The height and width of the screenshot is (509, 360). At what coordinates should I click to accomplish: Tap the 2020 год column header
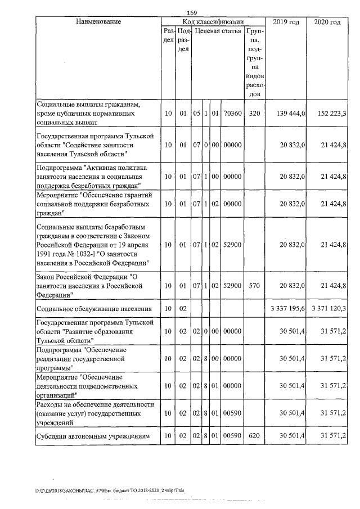click(x=327, y=22)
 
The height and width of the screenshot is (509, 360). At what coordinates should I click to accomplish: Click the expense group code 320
click(x=254, y=113)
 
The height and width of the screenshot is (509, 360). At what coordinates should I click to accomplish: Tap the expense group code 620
click(x=254, y=436)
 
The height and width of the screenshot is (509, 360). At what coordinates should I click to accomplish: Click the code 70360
click(x=232, y=113)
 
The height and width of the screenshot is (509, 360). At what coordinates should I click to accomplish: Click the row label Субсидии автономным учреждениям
click(x=93, y=436)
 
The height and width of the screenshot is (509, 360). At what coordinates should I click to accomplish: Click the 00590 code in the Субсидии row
click(x=232, y=436)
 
